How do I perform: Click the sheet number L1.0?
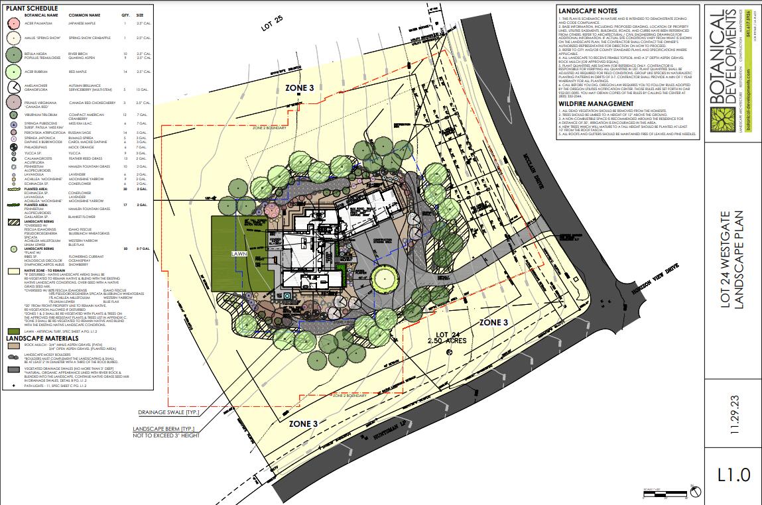pyautogui.click(x=733, y=475)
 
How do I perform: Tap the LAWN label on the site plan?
pyautogui.click(x=239, y=254)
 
